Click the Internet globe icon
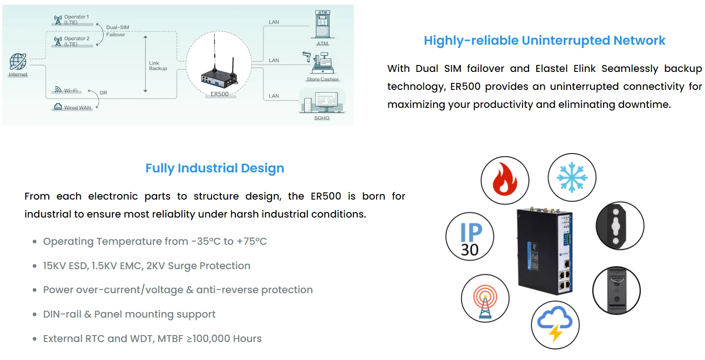[x=18, y=61]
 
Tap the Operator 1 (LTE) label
[x=76, y=19]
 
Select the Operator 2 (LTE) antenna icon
[x=58, y=41]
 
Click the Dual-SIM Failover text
[x=116, y=31]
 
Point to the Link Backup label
[x=158, y=65]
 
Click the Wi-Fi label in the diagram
[x=70, y=90]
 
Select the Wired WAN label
[x=77, y=107]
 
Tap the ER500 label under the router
[x=219, y=94]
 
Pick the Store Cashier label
[x=323, y=79]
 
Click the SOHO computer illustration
[x=322, y=102]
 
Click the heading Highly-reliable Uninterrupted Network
[x=544, y=41]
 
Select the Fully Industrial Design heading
[x=215, y=168]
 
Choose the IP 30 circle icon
[x=470, y=236]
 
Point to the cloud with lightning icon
[x=555, y=323]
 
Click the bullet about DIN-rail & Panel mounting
[x=129, y=314]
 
